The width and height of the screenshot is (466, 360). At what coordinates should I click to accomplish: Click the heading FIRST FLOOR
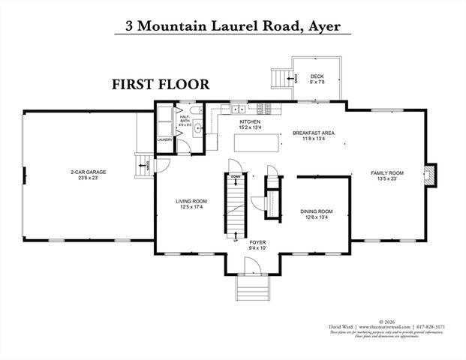(161, 84)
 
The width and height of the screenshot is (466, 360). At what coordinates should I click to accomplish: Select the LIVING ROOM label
(191, 202)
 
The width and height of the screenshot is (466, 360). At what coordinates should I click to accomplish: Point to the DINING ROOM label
(316, 211)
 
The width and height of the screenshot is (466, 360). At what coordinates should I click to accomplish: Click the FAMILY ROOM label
(387, 173)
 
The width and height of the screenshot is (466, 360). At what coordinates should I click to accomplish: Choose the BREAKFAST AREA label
(313, 133)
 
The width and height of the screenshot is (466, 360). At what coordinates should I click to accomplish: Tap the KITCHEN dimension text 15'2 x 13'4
(250, 127)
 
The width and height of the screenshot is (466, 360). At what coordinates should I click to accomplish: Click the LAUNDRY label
(165, 139)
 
